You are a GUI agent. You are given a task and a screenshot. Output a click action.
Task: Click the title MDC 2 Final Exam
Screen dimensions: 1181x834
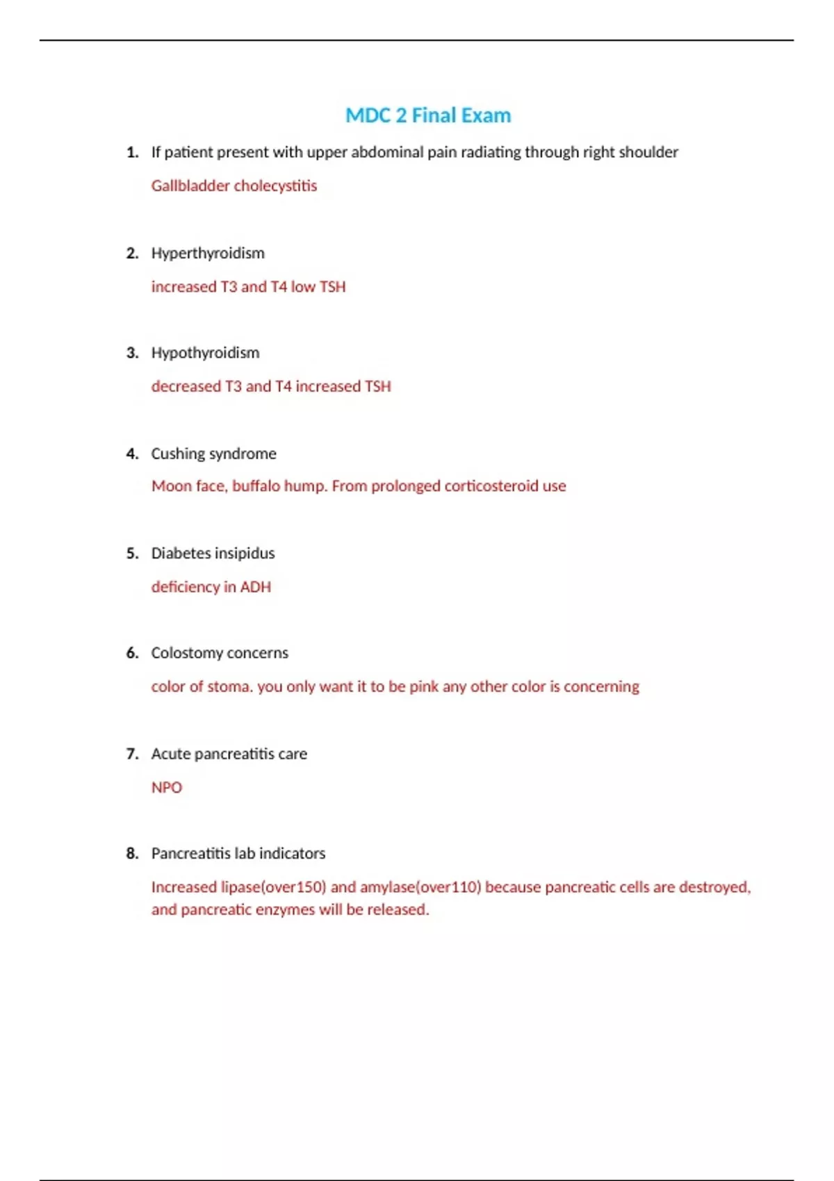pos(428,115)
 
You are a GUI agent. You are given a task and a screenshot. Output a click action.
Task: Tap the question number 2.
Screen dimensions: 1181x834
pos(132,254)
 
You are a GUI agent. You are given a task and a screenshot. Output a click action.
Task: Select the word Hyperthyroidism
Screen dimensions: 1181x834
pos(208,254)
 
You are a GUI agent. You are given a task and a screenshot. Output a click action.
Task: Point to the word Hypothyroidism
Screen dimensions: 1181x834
pos(205,353)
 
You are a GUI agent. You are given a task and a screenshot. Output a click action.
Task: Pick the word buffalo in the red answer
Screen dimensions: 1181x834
pos(256,486)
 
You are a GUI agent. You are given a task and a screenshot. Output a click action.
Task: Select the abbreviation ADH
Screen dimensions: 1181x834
pos(255,587)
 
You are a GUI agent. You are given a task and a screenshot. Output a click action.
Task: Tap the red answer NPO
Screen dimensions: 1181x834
pos(167,788)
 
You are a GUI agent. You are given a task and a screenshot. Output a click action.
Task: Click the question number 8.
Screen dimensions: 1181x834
pos(132,854)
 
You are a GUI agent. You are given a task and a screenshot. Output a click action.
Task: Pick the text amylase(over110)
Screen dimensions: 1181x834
pos(420,888)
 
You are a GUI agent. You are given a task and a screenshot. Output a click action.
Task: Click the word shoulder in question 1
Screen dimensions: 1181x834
pos(648,152)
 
